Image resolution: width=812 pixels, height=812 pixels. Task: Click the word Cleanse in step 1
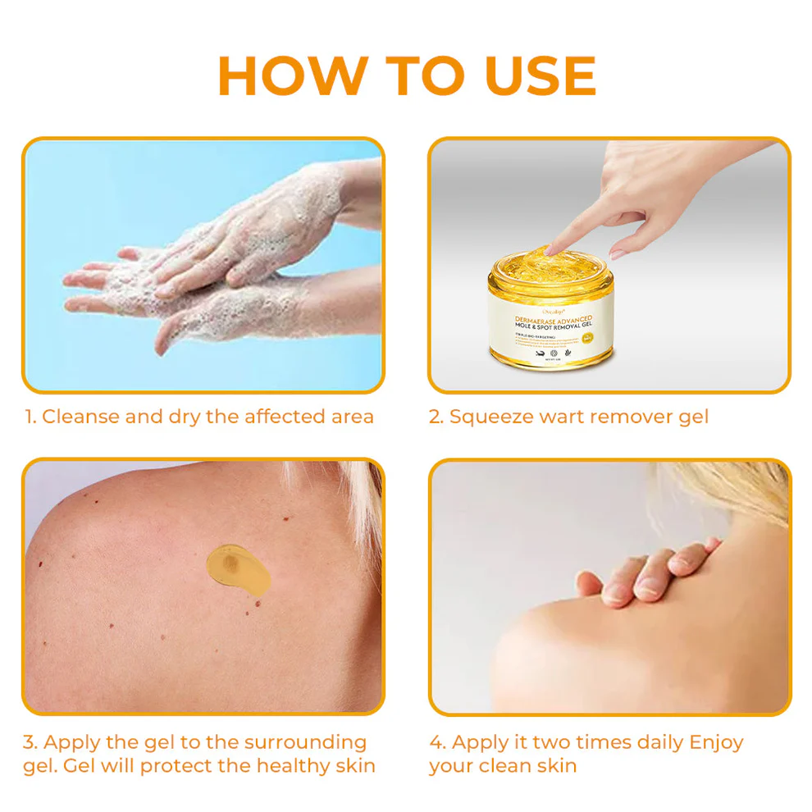pyautogui.click(x=80, y=417)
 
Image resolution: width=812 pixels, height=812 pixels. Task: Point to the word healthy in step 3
pyautogui.click(x=294, y=766)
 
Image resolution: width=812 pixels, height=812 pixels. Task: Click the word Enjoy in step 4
pyautogui.click(x=716, y=742)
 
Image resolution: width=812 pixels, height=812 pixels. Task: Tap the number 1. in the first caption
pyautogui.click(x=30, y=417)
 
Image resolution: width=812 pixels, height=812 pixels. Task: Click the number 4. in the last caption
pyautogui.click(x=438, y=742)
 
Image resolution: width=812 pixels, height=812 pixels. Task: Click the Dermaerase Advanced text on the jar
pyautogui.click(x=551, y=317)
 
